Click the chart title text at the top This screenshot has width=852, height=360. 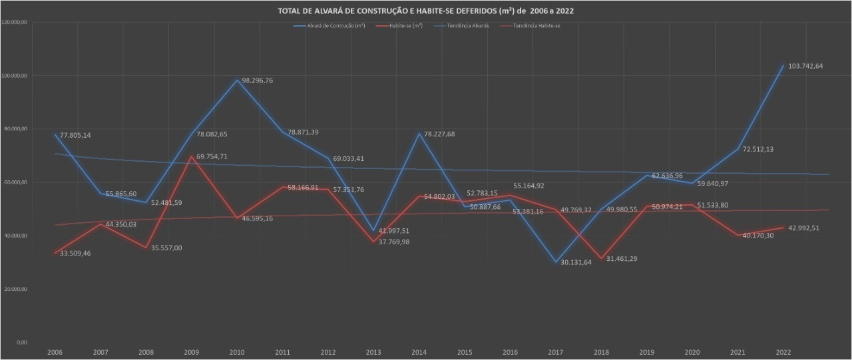(425, 11)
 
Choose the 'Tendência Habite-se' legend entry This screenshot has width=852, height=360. (532, 25)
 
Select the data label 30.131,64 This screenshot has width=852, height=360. (572, 262)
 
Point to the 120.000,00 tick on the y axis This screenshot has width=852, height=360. (14, 23)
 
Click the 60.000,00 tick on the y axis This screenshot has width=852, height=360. (15, 182)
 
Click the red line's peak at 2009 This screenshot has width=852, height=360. (192, 156)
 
